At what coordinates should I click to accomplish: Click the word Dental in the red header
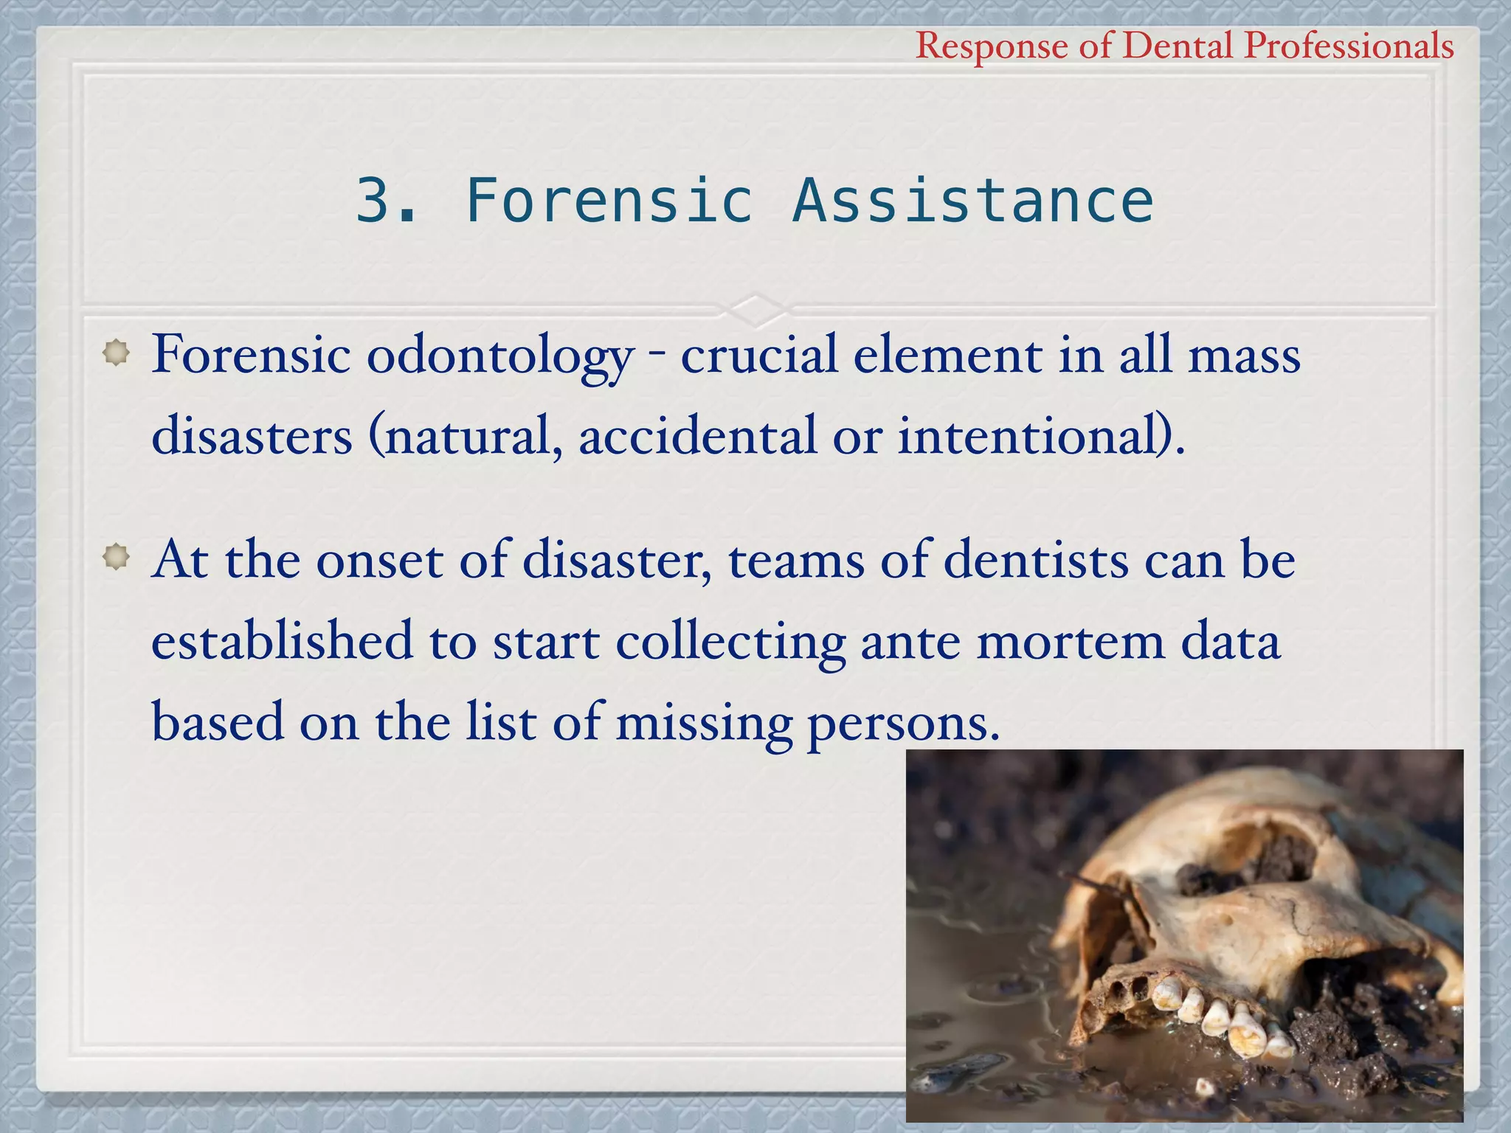coord(1178,46)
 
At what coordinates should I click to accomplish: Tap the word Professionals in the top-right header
coord(1349,46)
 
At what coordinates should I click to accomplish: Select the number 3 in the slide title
coord(374,201)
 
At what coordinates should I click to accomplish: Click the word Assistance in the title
coord(972,201)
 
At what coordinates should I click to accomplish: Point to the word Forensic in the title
coord(609,201)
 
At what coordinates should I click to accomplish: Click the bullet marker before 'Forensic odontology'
coord(116,353)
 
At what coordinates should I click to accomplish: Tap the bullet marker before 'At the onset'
coord(116,558)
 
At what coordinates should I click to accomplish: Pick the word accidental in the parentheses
coord(697,435)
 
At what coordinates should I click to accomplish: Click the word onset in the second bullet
coord(379,561)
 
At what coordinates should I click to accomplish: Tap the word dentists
coord(1036,561)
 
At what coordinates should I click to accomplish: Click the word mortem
coord(1071,642)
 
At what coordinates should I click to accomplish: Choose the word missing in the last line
coord(704,723)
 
